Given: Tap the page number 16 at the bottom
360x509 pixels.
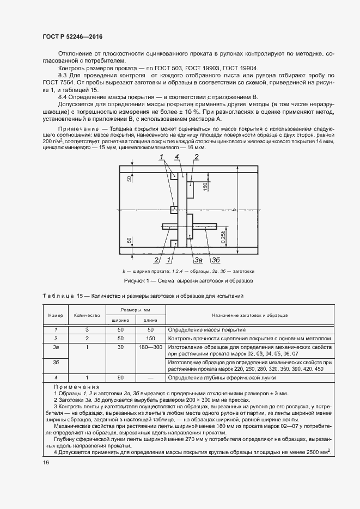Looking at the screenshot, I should click(46, 462).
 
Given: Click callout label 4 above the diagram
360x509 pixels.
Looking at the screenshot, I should click(177, 157).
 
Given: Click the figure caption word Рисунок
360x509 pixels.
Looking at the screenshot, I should click(136, 281).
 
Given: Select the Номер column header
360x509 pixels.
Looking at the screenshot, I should click(56, 316).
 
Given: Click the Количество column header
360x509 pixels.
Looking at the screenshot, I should click(87, 316).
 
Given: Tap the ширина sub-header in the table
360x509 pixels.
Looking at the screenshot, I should click(120, 321).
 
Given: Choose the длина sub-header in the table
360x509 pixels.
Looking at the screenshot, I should click(150, 321).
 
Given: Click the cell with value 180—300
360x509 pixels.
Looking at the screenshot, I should click(150, 346).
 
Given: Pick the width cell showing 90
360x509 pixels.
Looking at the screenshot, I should click(120, 377).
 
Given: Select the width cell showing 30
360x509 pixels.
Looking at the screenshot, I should click(120, 346).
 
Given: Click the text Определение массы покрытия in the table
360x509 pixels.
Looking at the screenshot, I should click(207, 330).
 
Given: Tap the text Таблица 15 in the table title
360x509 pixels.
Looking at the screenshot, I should click(65, 296).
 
